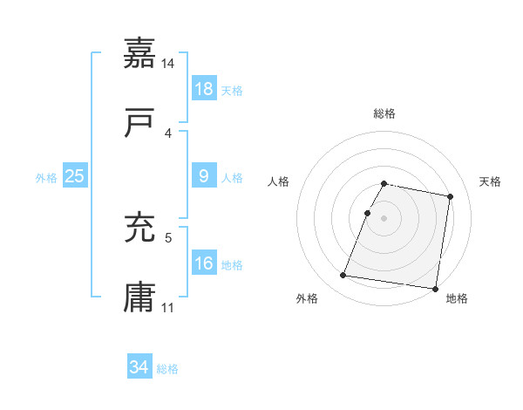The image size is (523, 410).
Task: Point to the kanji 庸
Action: [x=139, y=297]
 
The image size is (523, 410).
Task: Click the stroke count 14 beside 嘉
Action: [x=168, y=64]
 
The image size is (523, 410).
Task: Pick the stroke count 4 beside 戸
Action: [x=168, y=133]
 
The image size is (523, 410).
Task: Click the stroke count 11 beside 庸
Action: [x=168, y=307]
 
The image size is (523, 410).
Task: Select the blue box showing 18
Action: [x=203, y=89]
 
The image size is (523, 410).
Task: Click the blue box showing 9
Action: [x=203, y=177]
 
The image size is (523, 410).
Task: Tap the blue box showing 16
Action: [x=203, y=263]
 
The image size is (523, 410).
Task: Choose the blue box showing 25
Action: [x=75, y=176]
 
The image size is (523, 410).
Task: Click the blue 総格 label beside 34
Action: [x=167, y=369]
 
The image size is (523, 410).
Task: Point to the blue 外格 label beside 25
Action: [x=46, y=178]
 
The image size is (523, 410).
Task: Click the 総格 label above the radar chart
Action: [x=384, y=114]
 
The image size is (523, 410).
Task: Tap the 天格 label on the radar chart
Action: [x=491, y=181]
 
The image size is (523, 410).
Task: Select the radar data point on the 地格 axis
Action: [x=435, y=288]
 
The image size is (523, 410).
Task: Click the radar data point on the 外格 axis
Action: [x=343, y=276]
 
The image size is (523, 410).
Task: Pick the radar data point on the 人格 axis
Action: [x=368, y=213]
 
